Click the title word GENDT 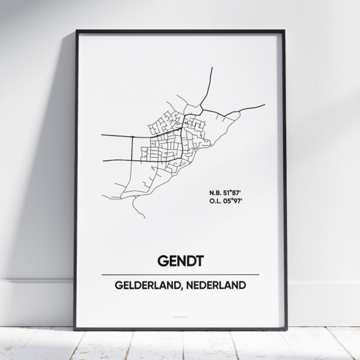pos(180,262)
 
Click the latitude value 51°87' pos(234,191)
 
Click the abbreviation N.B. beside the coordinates pos(216,191)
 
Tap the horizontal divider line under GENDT pos(180,274)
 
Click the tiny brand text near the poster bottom pos(180,313)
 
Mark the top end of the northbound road pos(212,68)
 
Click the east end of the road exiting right pos(264,105)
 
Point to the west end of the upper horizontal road pos(102,136)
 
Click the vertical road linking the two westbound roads pos(133,148)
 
